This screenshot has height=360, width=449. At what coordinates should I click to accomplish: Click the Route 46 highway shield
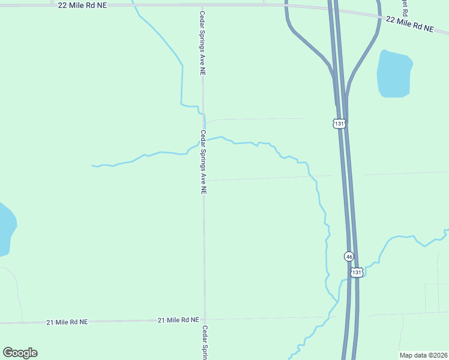tap(349, 256)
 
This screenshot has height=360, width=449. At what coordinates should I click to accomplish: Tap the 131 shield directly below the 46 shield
tap(357, 272)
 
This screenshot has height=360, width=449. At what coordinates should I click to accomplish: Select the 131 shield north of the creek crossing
tap(340, 124)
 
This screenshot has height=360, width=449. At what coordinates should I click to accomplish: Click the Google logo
tap(20, 353)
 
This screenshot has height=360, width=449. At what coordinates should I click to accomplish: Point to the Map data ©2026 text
tap(423, 355)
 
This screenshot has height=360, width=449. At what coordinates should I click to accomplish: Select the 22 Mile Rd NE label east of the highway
tap(410, 24)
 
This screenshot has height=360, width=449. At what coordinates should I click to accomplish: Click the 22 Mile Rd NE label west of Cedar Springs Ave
tap(83, 4)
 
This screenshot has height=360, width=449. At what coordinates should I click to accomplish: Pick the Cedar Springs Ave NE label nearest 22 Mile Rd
tap(203, 42)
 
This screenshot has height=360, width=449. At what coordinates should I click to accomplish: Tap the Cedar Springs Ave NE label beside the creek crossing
tap(203, 162)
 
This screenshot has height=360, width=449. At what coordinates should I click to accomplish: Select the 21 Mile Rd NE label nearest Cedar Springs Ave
tap(178, 320)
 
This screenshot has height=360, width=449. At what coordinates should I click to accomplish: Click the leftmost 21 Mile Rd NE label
tap(67, 322)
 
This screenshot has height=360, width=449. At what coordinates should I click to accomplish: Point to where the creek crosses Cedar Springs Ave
tap(203, 140)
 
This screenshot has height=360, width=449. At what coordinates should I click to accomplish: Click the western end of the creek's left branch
tap(92, 166)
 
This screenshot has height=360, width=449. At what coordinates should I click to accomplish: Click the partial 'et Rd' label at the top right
tap(405, 7)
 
